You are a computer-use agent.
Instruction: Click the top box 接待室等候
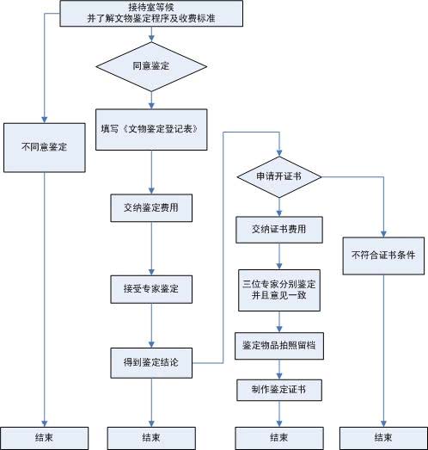pyautogui.click(x=151, y=12)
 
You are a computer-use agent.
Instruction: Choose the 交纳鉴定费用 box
pyautogui.click(x=151, y=207)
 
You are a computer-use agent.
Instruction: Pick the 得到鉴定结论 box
pyautogui.click(x=151, y=361)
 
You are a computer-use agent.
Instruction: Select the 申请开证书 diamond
pyautogui.click(x=278, y=176)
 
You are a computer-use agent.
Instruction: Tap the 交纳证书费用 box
pyautogui.click(x=278, y=230)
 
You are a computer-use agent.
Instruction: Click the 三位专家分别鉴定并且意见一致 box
pyautogui.click(x=278, y=289)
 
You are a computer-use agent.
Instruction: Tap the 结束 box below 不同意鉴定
pyautogui.click(x=41, y=437)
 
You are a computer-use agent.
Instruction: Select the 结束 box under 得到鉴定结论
pyautogui.click(x=151, y=437)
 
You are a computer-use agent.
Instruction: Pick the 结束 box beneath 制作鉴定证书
pyautogui.click(x=278, y=437)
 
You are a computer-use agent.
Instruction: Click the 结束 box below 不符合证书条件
pyautogui.click(x=382, y=437)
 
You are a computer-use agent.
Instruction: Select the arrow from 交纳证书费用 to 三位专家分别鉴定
pyautogui.click(x=278, y=256)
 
